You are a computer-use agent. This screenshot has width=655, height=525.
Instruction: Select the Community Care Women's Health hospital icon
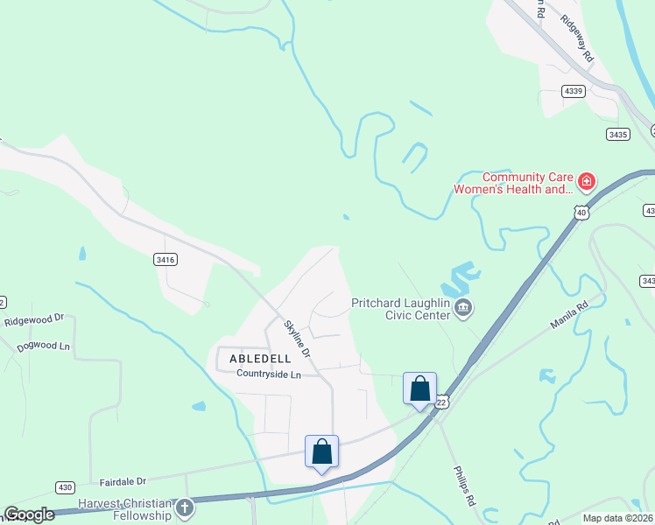point(586,182)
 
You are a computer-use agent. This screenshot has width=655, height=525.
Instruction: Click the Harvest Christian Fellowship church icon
point(184,507)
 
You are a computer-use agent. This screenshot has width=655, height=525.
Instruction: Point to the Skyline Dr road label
point(298,338)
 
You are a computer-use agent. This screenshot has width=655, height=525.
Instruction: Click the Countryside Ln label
point(268,374)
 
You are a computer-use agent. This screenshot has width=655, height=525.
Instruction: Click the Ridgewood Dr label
point(34,321)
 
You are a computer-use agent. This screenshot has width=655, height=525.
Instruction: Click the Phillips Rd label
point(463,486)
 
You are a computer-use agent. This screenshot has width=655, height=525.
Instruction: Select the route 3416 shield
point(165,259)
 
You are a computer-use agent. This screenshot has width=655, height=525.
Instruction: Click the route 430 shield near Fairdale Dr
point(65,486)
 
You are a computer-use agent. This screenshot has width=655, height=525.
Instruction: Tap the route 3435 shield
point(616,134)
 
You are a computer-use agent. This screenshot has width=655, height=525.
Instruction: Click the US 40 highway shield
point(581,211)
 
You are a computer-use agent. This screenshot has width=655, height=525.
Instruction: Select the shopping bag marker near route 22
point(420,388)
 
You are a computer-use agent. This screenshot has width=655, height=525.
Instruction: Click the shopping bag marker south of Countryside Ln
point(322,451)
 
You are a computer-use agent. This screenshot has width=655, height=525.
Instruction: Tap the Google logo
point(28,514)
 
